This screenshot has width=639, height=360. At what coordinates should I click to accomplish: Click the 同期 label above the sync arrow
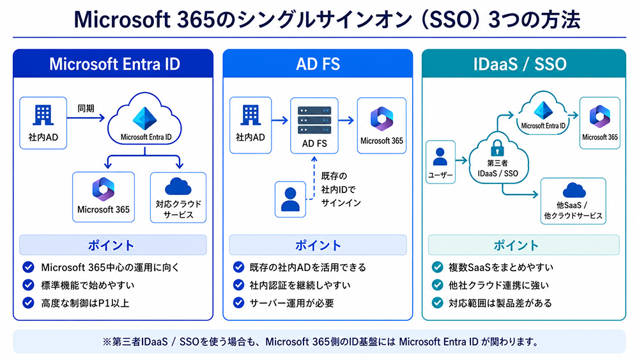pyautogui.click(x=86, y=109)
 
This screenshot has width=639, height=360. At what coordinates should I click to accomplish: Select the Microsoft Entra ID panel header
pyautogui.click(x=113, y=63)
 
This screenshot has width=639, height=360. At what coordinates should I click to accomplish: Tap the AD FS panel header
pyautogui.click(x=318, y=63)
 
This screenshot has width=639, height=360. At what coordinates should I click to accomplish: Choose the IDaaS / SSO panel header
pyautogui.click(x=524, y=63)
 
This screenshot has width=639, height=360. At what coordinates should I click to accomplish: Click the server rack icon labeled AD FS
pyautogui.click(x=314, y=120)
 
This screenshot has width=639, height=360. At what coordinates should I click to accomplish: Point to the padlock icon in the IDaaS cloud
pyautogui.click(x=497, y=148)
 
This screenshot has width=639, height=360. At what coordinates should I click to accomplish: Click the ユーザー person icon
pyautogui.click(x=440, y=157)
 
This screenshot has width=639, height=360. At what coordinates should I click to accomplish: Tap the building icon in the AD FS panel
pyautogui.click(x=250, y=115)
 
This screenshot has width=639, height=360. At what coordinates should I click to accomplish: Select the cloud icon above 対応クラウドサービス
pyautogui.click(x=178, y=186)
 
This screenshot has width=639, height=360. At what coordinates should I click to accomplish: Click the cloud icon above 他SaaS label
pyautogui.click(x=574, y=191)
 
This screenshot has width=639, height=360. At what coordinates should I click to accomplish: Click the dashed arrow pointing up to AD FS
pyautogui.click(x=313, y=178)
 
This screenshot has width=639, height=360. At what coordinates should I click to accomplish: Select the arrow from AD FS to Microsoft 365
pyautogui.click(x=346, y=120)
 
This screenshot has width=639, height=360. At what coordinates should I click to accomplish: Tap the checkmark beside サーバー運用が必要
pyautogui.click(x=238, y=302)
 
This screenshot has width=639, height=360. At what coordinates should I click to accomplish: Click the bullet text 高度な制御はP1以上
pyautogui.click(x=85, y=303)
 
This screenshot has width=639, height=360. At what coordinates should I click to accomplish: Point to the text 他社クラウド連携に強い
pyautogui.click(x=499, y=285)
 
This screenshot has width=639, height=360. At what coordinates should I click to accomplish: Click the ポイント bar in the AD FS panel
pyautogui.click(x=318, y=245)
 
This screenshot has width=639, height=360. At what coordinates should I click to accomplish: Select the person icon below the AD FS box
pyautogui.click(x=290, y=200)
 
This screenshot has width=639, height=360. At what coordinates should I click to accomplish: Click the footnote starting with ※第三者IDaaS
pyautogui.click(x=321, y=341)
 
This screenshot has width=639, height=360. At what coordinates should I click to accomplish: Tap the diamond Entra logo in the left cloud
pyautogui.click(x=144, y=119)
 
